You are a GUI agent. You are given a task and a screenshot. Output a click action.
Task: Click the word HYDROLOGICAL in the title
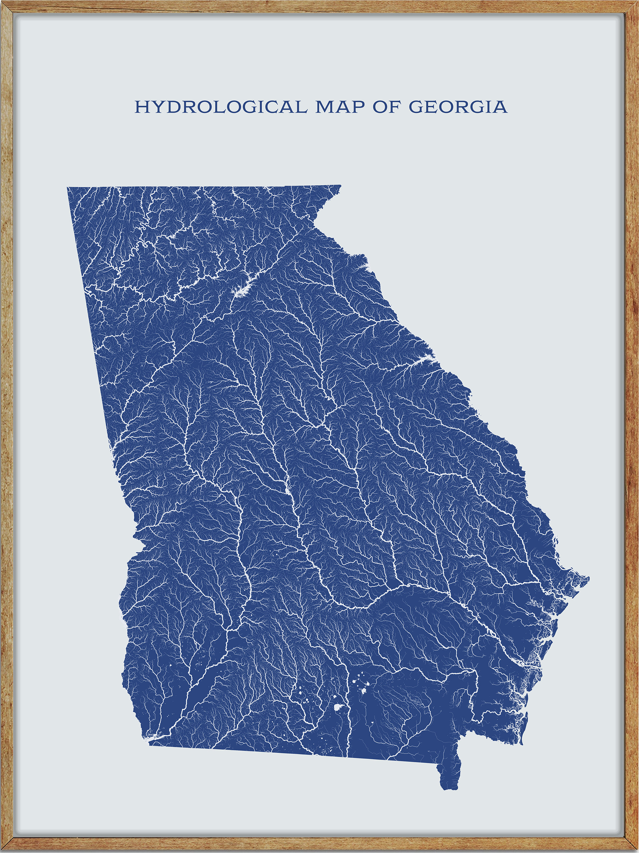pyautogui.click(x=221, y=107)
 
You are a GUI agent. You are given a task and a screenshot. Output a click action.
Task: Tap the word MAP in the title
pyautogui.click(x=340, y=107)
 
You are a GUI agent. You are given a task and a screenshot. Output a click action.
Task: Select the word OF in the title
pyautogui.click(x=387, y=107)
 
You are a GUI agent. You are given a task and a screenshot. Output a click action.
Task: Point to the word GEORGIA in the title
pyautogui.click(x=458, y=107)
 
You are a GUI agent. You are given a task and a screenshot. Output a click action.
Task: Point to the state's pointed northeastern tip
pyautogui.click(x=340, y=186)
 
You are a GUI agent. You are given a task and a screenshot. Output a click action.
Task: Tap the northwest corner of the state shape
pyautogui.click(x=68, y=188)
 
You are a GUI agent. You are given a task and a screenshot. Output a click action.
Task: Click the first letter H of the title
pyautogui.click(x=141, y=107)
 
